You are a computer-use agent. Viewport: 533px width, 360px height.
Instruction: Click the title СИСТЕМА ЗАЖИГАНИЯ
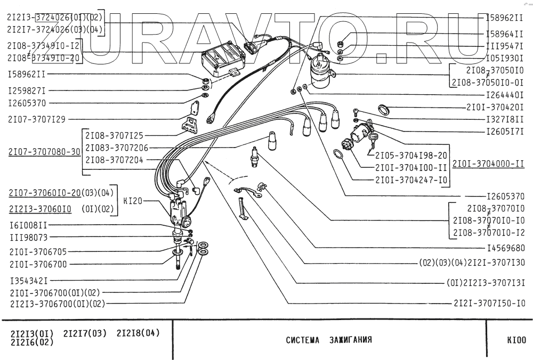click(x=328, y=340)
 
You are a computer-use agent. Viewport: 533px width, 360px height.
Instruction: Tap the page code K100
click(x=515, y=340)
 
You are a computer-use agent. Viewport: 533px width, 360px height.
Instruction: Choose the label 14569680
click(x=505, y=248)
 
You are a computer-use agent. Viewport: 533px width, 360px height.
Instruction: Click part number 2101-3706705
click(x=38, y=251)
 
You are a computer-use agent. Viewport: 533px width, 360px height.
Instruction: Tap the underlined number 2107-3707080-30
click(x=44, y=151)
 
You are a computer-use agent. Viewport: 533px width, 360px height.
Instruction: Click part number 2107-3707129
click(x=37, y=119)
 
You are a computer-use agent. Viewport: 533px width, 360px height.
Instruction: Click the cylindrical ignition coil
click(x=322, y=71)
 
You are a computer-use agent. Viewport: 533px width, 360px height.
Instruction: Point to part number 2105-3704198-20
click(x=410, y=156)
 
